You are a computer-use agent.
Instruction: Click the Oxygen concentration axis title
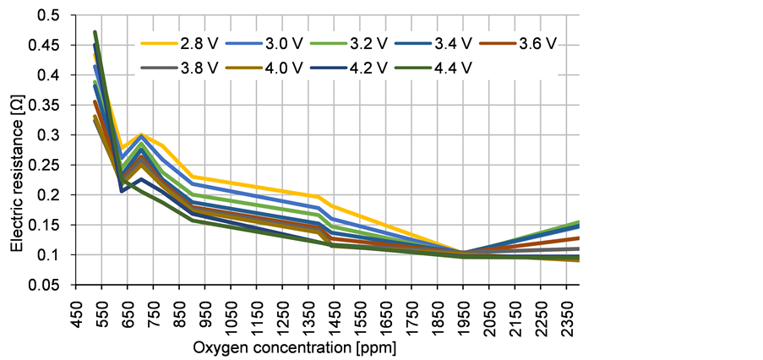[293, 348]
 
